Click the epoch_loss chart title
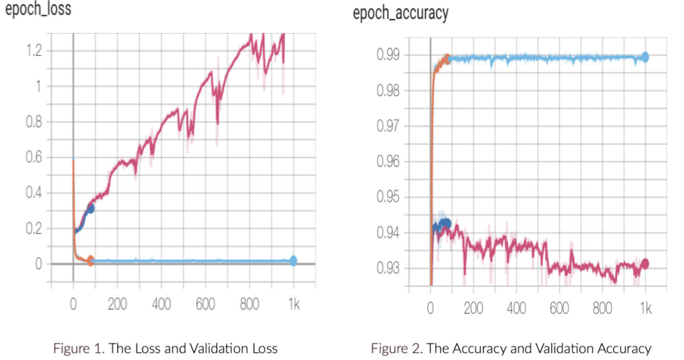click(x=39, y=9)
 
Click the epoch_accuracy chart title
click(x=400, y=13)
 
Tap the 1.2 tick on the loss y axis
click(x=34, y=50)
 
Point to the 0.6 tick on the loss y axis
click(x=34, y=157)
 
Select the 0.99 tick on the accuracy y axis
click(x=388, y=55)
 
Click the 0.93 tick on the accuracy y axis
click(x=388, y=268)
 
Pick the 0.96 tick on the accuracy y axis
click(x=388, y=161)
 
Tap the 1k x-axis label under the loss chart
click(x=294, y=304)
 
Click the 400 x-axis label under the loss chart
click(x=161, y=304)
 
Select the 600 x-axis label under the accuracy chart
click(x=560, y=308)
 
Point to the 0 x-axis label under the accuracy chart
click(x=430, y=308)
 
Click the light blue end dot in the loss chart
click(x=293, y=261)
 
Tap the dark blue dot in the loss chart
click(x=90, y=209)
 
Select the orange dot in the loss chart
click(x=90, y=260)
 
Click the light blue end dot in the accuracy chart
click(x=645, y=57)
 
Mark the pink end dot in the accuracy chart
click(x=645, y=264)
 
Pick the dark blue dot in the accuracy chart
click(x=447, y=223)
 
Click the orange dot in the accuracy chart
click(x=447, y=59)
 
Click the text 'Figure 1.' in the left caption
click(x=79, y=348)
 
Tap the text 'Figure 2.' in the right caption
click(x=397, y=348)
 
